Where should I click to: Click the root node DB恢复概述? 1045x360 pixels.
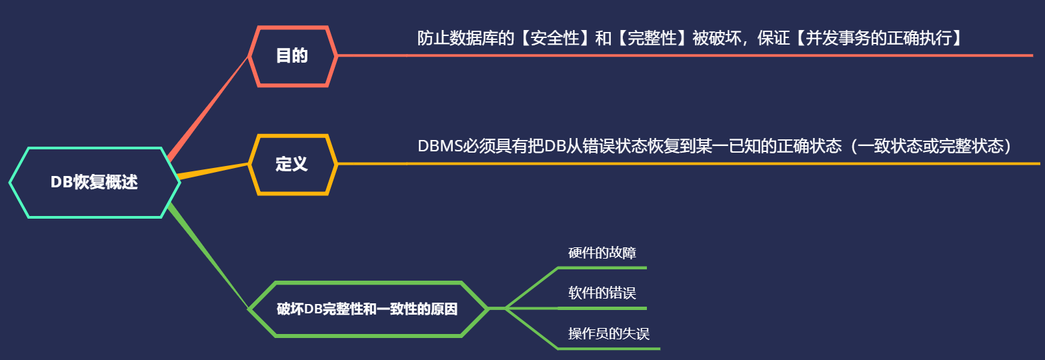tap(94, 183)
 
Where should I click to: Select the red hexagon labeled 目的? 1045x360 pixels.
tap(292, 56)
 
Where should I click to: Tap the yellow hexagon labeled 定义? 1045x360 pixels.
tap(292, 164)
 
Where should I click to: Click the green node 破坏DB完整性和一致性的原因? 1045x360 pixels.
tap(367, 309)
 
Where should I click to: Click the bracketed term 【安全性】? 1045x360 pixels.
tap(554, 39)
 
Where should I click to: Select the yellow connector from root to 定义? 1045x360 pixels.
tap(213, 170)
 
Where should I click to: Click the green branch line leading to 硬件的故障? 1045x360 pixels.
tap(532, 287)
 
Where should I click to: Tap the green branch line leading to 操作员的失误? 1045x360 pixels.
tap(532, 328)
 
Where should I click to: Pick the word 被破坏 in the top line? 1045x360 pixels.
tap(718, 39)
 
